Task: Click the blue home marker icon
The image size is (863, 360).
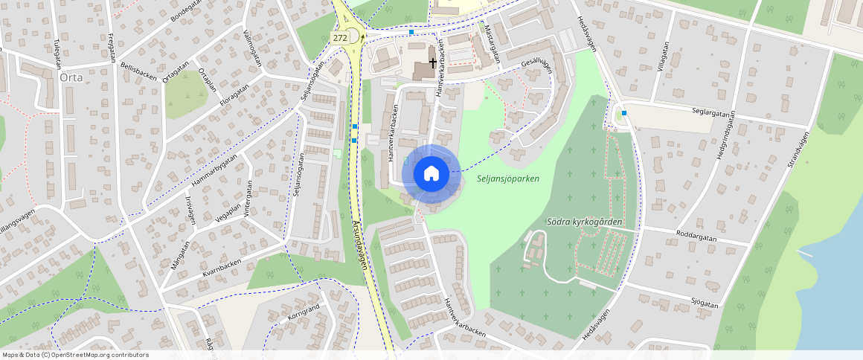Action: (x=431, y=174)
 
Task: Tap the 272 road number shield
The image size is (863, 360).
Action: (x=340, y=37)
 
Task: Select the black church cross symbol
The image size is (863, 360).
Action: (x=432, y=64)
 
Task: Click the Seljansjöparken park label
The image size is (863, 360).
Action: (x=508, y=179)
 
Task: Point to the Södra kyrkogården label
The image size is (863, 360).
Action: (x=583, y=222)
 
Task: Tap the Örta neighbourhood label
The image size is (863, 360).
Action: (x=68, y=77)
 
